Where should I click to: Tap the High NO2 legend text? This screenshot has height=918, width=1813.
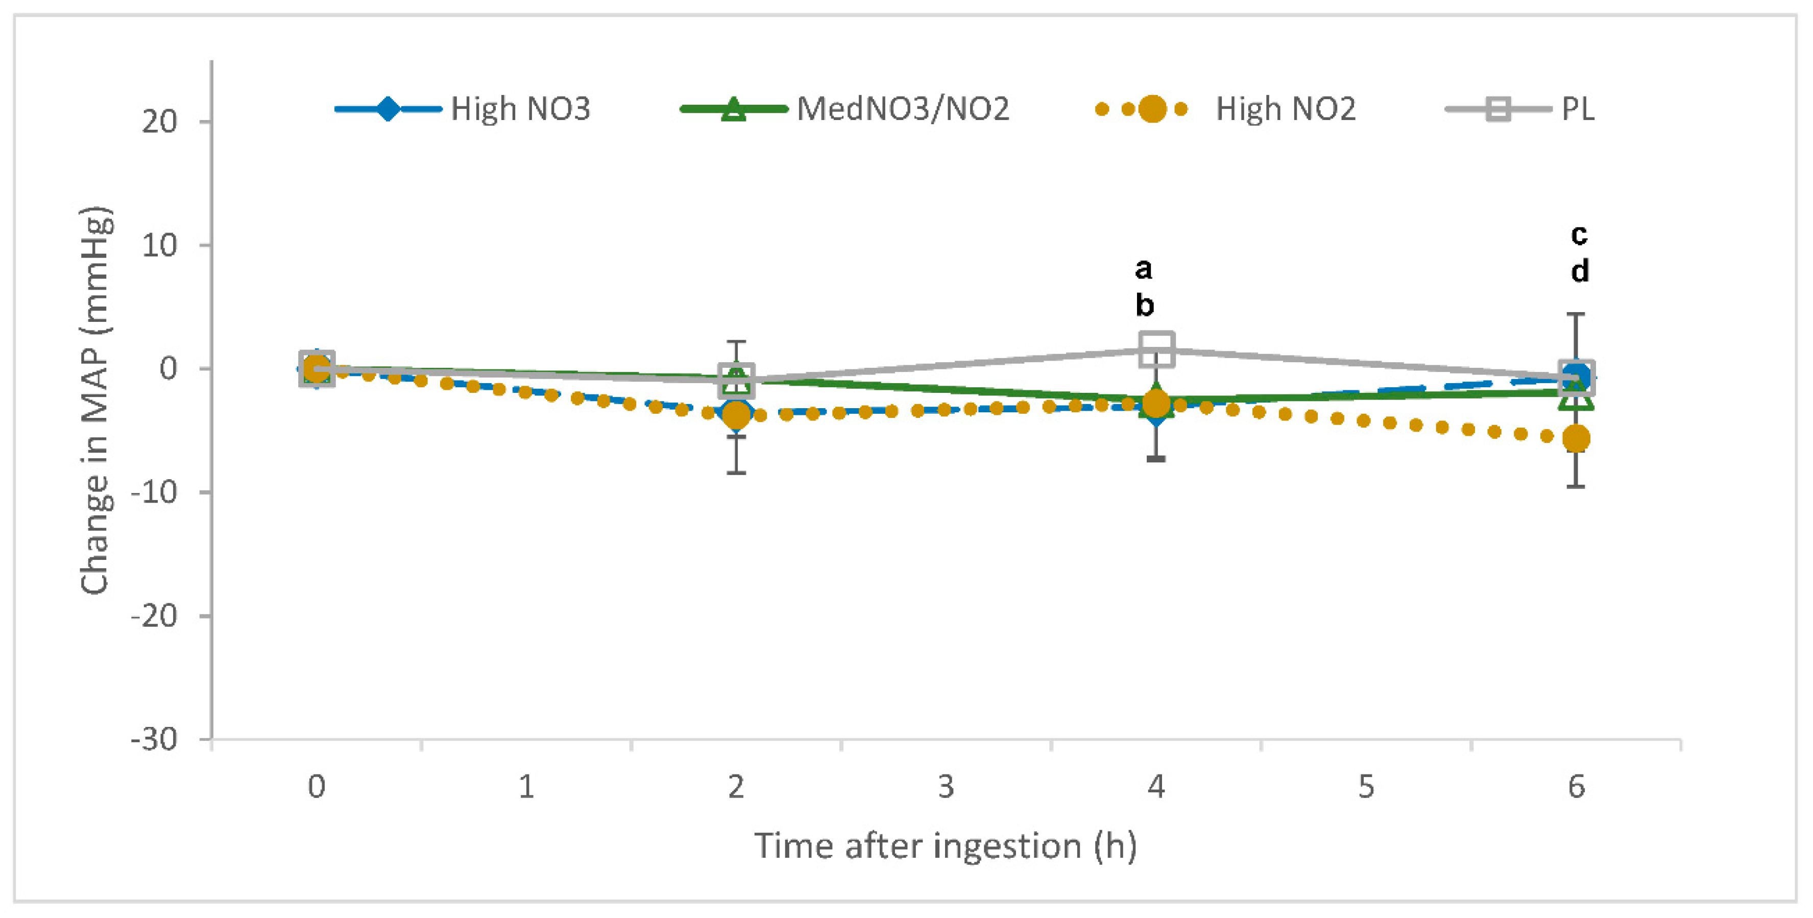(1285, 109)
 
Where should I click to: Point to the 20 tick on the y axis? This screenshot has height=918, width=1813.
(159, 122)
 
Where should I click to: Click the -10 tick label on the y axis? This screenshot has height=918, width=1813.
(154, 492)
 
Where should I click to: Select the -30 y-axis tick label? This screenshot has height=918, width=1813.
(154, 740)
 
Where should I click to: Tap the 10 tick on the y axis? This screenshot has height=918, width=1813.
(159, 246)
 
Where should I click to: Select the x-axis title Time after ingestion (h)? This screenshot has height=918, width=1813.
(945, 845)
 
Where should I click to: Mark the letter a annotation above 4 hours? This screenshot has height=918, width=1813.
(1144, 268)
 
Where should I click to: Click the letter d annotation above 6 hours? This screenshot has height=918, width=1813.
(1579, 272)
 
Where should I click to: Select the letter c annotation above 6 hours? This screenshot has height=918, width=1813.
(1579, 234)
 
